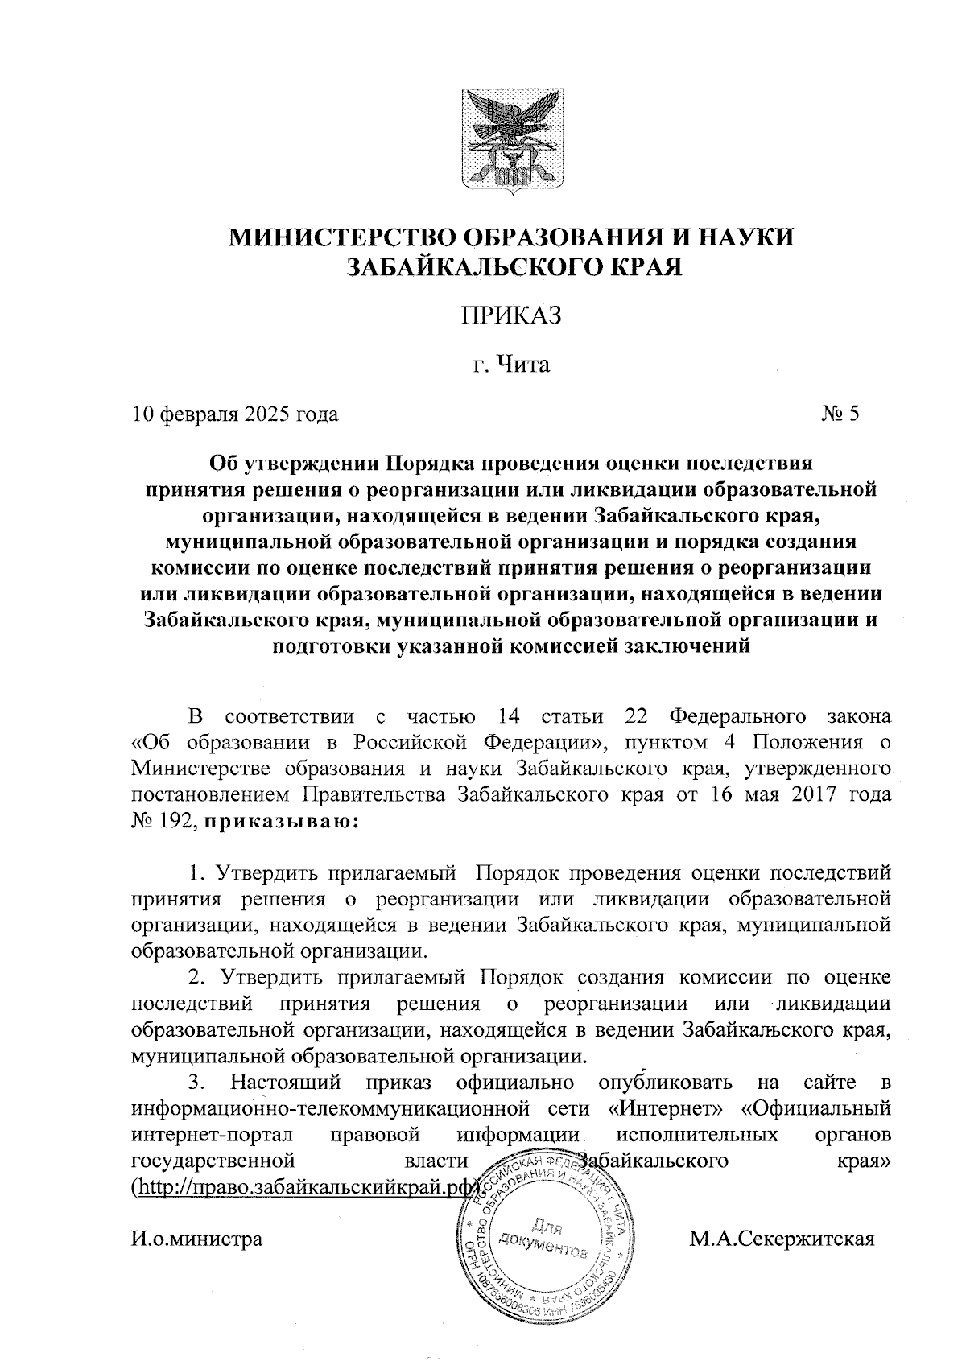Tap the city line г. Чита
511,365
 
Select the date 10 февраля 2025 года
235,414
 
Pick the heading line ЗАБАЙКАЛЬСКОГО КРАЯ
512,266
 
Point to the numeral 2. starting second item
197,977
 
